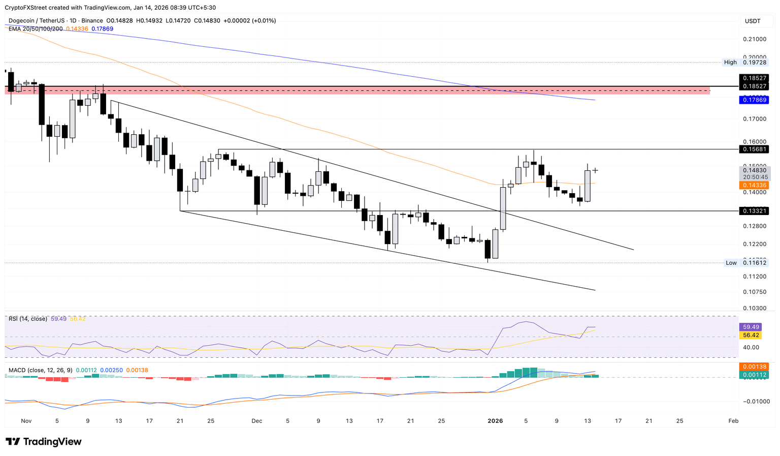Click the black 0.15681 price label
pyautogui.click(x=755, y=149)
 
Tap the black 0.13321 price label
pyautogui.click(x=755, y=210)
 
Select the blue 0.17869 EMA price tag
pyautogui.click(x=755, y=100)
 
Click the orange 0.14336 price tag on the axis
pyautogui.click(x=755, y=185)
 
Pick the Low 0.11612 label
pyautogui.click(x=746, y=263)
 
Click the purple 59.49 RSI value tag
pyautogui.click(x=751, y=327)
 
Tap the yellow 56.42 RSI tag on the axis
pyautogui.click(x=751, y=335)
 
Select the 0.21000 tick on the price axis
pyautogui.click(x=755, y=39)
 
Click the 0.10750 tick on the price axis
pyautogui.click(x=755, y=292)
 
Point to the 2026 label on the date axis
pyautogui.click(x=495, y=421)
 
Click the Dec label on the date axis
pyautogui.click(x=257, y=421)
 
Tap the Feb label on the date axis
pyautogui.click(x=733, y=421)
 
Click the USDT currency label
pyautogui.click(x=753, y=21)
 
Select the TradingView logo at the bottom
pyautogui.click(x=44, y=441)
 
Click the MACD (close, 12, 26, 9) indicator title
pyautogui.click(x=41, y=370)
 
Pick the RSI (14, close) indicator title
pyautogui.click(x=28, y=319)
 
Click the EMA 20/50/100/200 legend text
pyautogui.click(x=36, y=28)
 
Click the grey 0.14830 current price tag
pyautogui.click(x=755, y=171)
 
